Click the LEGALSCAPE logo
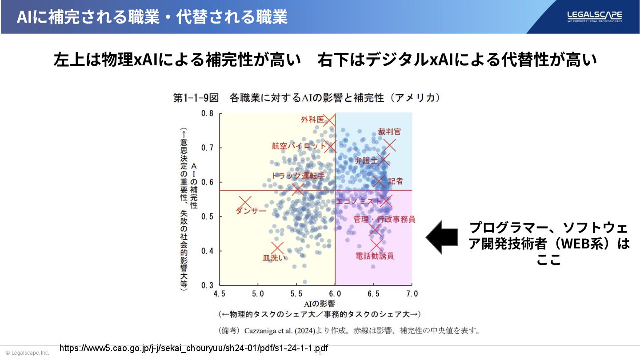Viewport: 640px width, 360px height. (594, 16)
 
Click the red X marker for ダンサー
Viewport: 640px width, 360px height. (245, 202)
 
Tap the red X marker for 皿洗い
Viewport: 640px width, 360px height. (277, 248)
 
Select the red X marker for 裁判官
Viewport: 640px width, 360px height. (390, 145)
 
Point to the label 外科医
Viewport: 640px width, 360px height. (312, 120)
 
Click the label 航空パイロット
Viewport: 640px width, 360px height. (299, 146)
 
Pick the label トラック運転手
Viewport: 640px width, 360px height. (298, 176)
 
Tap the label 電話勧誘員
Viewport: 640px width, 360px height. (375, 256)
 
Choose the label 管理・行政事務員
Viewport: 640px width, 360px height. (384, 219)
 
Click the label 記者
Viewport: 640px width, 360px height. (396, 181)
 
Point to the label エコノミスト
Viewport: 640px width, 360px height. (359, 201)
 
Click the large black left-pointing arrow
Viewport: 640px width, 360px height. (442, 237)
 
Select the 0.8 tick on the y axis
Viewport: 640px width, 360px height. (207, 113)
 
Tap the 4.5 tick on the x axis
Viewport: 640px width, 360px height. (220, 294)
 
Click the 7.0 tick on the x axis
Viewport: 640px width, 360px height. (412, 294)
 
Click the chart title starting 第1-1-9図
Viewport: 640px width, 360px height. (307, 98)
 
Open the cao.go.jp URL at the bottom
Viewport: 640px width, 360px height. (194, 348)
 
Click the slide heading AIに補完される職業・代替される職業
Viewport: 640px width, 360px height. (152, 17)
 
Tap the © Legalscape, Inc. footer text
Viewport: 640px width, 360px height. (27, 353)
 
